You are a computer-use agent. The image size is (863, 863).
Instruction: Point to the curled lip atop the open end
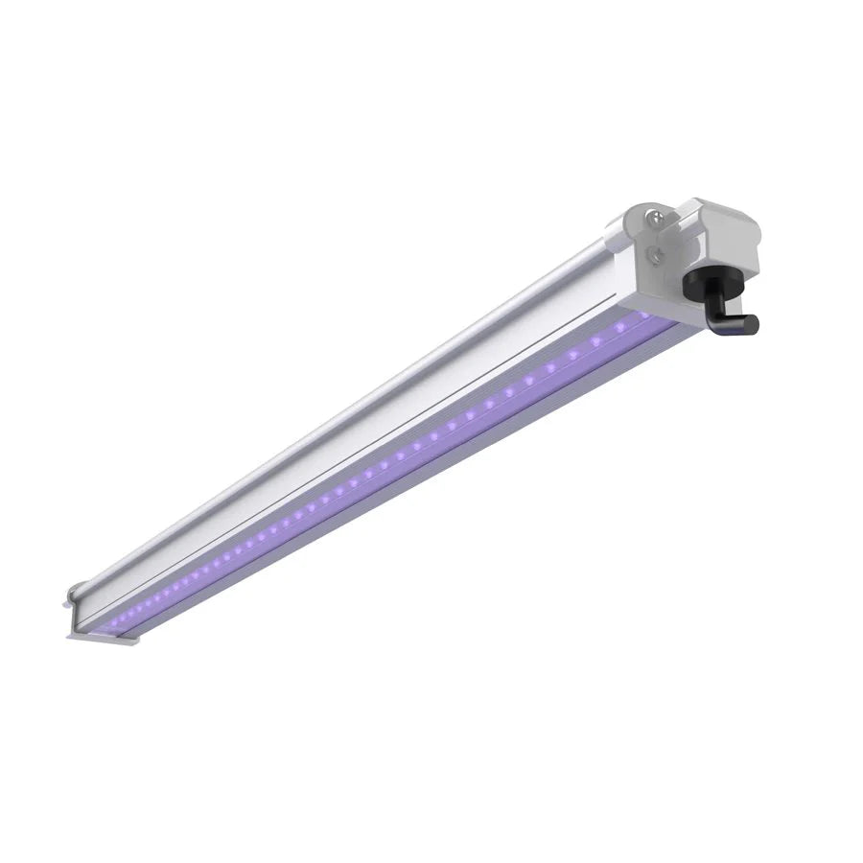(x=74, y=596)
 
